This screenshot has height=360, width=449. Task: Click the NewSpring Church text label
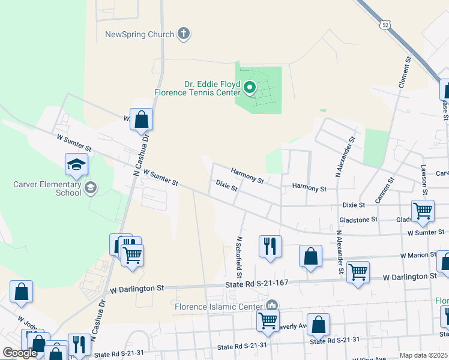pyautogui.click(x=139, y=34)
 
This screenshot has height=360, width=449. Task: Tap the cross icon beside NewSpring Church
pyautogui.click(x=184, y=34)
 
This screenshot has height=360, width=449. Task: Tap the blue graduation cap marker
pyautogui.click(x=77, y=166)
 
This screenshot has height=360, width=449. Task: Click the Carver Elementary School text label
pyautogui.click(x=47, y=188)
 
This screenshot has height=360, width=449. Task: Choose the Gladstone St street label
pyautogui.click(x=359, y=220)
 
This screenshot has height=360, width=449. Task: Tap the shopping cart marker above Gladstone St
pyautogui.click(x=423, y=211)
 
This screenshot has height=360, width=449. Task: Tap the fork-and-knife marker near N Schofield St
pyautogui.click(x=270, y=246)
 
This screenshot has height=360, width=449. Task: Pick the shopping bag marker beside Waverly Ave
pyautogui.click(x=318, y=325)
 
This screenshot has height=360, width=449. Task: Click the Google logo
pyautogui.click(x=20, y=353)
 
